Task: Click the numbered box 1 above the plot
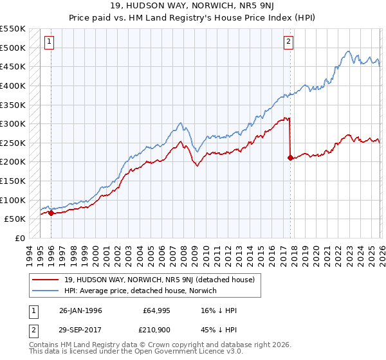[50, 42]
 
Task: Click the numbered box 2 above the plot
[289, 42]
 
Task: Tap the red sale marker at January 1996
[51, 213]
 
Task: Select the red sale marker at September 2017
[291, 157]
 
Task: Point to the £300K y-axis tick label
[13, 123]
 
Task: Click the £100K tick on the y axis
[13, 200]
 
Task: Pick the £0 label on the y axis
[19, 238]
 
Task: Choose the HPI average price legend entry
[140, 291]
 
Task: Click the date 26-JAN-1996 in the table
[80, 310]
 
